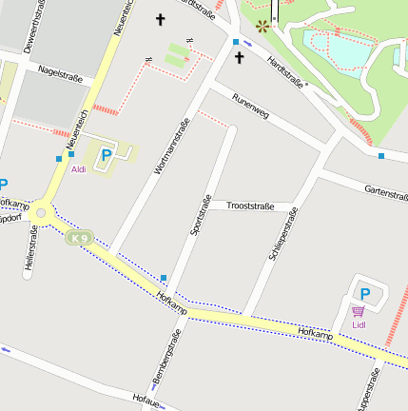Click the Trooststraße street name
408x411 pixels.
click(x=250, y=205)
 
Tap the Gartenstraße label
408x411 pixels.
click(x=385, y=193)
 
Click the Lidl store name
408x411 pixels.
click(x=359, y=325)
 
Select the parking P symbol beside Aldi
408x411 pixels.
click(x=107, y=153)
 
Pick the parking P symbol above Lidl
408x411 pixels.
click(x=364, y=294)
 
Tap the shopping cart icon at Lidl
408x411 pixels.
click(x=358, y=311)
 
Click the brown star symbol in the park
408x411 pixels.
click(x=262, y=26)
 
